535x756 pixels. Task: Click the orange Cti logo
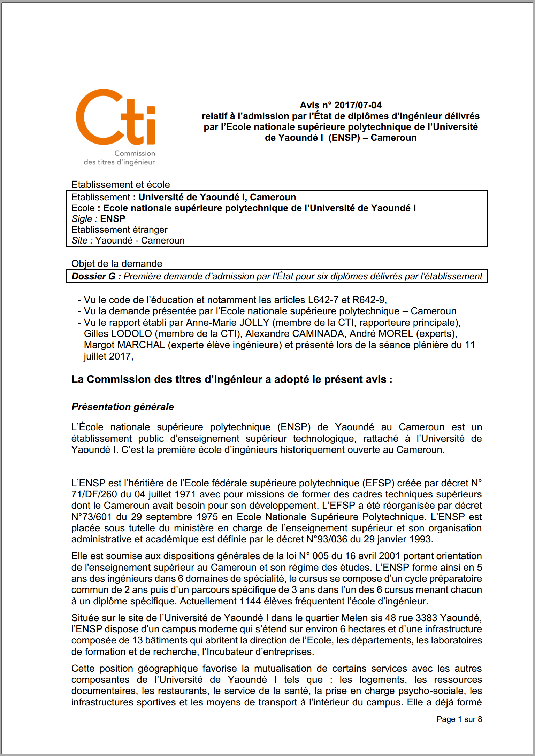(x=115, y=117)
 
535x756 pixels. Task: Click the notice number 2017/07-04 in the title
(x=358, y=105)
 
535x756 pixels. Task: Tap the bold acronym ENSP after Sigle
(x=113, y=219)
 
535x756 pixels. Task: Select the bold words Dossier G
(x=93, y=276)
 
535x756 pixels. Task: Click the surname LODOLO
(x=131, y=334)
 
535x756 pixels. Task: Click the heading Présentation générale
(x=123, y=407)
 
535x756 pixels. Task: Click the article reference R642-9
(x=368, y=300)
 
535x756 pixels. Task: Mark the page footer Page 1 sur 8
(x=459, y=719)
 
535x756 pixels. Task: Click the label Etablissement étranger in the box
(x=119, y=230)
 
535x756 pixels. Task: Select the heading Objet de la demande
(x=117, y=264)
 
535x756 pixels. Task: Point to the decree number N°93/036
(x=327, y=539)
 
